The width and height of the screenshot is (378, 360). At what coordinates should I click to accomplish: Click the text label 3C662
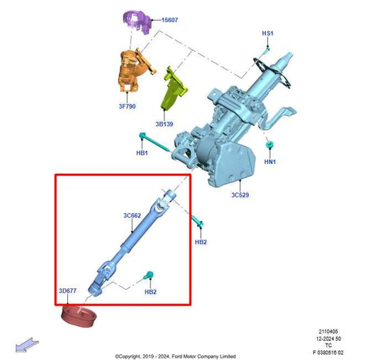click(132, 214)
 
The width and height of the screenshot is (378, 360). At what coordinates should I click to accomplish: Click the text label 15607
click(169, 20)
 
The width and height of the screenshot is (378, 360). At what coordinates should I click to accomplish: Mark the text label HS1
click(267, 33)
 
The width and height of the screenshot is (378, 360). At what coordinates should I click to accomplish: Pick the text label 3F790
click(128, 107)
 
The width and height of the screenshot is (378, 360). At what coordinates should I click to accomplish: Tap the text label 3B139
click(165, 124)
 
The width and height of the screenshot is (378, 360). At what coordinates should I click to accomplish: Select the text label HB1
click(142, 153)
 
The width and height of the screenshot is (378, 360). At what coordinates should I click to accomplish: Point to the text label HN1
click(270, 162)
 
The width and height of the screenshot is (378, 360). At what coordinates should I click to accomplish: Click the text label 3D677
click(69, 291)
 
